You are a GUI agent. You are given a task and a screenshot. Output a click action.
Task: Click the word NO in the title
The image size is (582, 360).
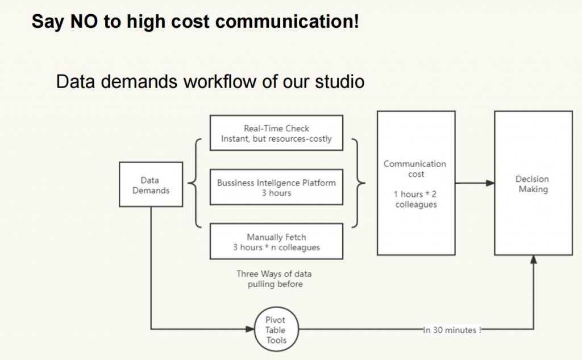coord(84,21)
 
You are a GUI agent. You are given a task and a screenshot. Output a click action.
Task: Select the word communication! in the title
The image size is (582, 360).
coord(287,21)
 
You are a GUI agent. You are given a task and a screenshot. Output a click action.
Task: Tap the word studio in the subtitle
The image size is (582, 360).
coord(340,81)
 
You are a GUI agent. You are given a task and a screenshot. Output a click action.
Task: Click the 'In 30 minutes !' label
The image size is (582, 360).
coord(452,330)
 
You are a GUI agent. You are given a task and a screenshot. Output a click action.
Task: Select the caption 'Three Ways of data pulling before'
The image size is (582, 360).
coord(275,279)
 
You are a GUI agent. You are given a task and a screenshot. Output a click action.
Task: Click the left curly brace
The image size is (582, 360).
coord(195,183)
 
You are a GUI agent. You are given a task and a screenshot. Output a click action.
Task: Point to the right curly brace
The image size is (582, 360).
coord(358,183)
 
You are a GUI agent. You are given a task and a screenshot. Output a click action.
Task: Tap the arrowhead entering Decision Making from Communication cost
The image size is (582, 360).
coord(490,183)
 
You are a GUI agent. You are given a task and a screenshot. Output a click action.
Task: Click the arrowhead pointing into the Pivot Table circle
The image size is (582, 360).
coord(250,329)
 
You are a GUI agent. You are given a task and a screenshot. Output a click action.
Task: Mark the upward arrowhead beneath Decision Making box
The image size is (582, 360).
coord(533,260)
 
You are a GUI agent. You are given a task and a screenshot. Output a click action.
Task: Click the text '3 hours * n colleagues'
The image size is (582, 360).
coord(276,247)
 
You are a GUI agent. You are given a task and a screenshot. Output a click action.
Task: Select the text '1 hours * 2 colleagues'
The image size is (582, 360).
coord(415,199)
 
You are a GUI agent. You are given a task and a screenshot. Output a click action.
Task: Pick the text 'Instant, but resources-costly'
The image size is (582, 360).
coord(276,139)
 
